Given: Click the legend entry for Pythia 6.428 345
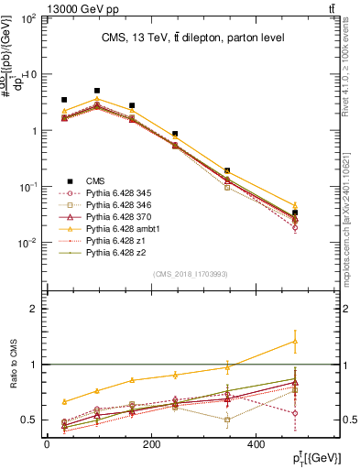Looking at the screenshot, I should tap(115, 193).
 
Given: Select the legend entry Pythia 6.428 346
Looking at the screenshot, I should tap(115, 205).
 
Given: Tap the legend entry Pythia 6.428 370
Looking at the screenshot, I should tap(115, 216).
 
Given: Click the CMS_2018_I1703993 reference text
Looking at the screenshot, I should tap(184, 274).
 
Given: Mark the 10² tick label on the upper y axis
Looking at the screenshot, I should tap(28, 18).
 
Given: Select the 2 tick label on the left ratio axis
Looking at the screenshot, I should tap(34, 309).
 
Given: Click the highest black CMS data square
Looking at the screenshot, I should tap(97, 91).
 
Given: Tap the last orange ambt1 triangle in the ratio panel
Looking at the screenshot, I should tap(321, 341).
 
